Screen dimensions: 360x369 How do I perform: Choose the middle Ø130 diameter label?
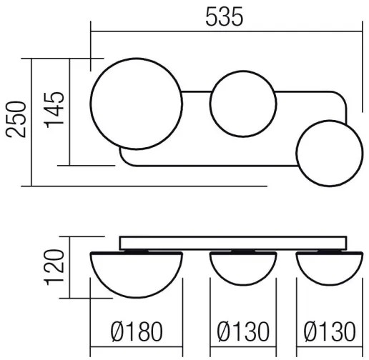(x=244, y=332)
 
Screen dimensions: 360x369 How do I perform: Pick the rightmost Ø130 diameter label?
(x=329, y=332)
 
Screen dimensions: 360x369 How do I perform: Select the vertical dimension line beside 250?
(x=33, y=121)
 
